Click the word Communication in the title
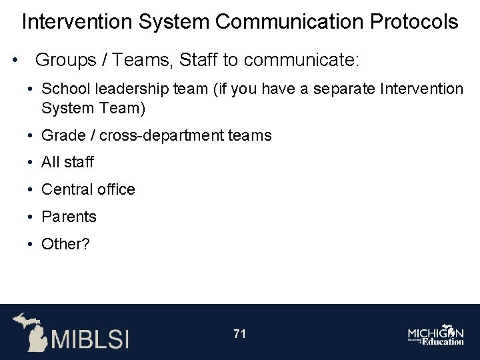[291, 22]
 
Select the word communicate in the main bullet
[301, 61]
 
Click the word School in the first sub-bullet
[65, 89]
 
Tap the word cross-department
[163, 135]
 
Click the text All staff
[68, 162]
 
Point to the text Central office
[88, 189]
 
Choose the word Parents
[69, 217]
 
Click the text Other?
[65, 244]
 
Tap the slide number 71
[240, 333]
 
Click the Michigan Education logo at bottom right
[436, 335]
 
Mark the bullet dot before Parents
[31, 217]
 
